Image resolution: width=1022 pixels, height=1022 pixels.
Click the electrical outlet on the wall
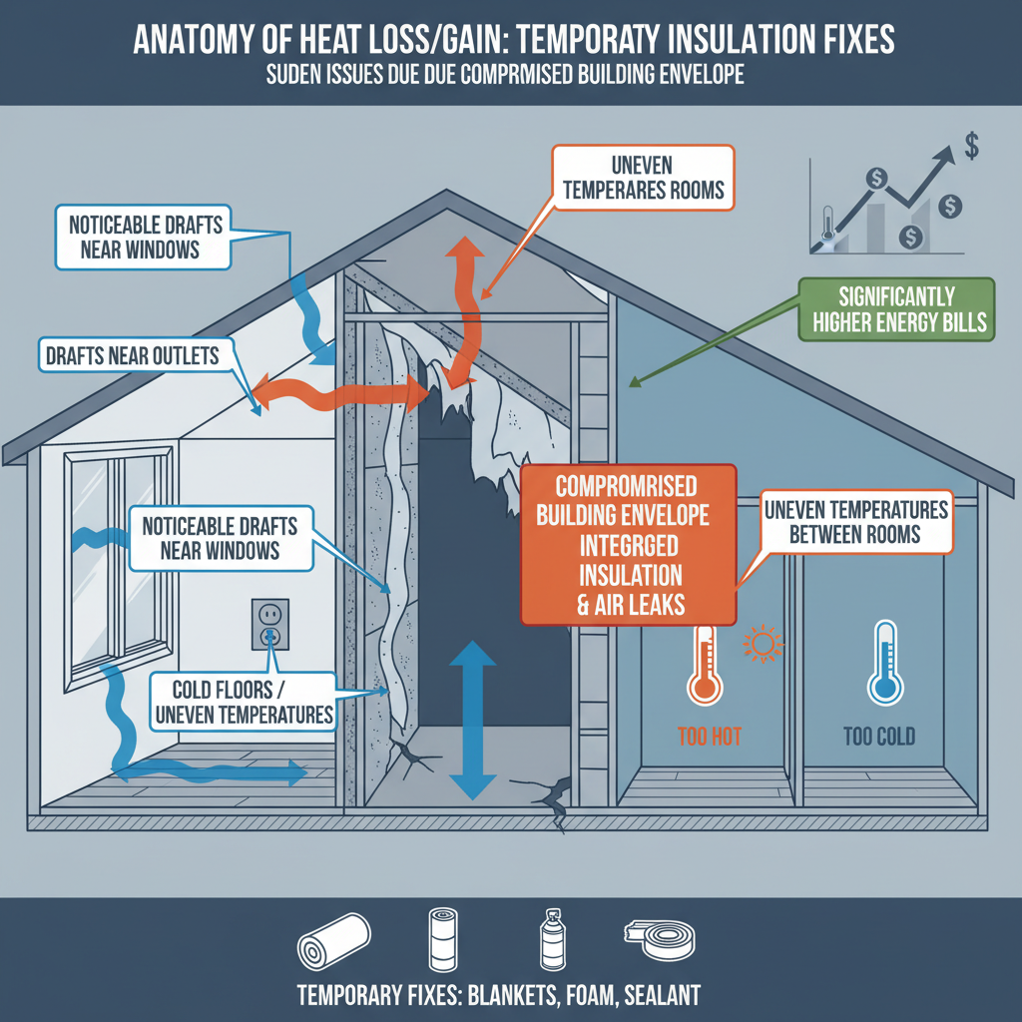pos(269,624)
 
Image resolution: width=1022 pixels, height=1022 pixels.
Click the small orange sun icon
pos(764,643)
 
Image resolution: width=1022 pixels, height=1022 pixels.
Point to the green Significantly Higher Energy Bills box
pos(897,309)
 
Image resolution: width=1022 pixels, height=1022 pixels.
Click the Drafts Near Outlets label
pos(131,355)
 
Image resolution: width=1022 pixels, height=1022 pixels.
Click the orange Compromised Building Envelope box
pos(630,543)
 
